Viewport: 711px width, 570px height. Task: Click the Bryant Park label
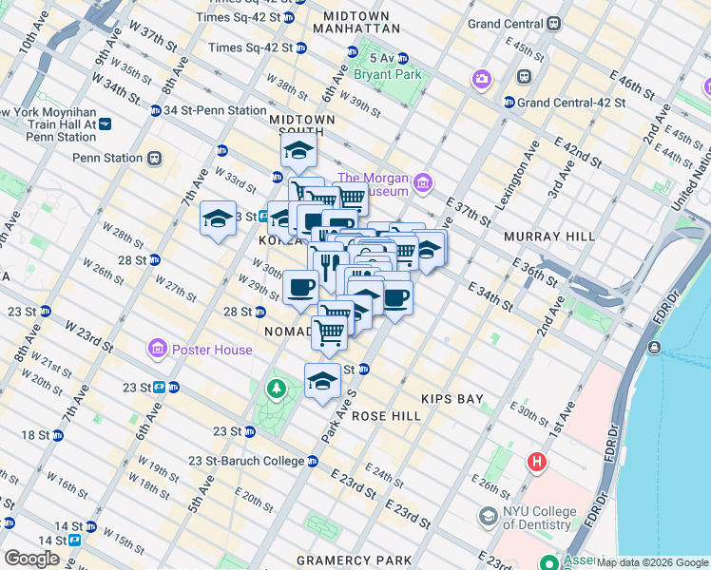click(386, 73)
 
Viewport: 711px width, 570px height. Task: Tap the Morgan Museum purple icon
click(423, 180)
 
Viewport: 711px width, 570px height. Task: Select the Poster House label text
click(212, 350)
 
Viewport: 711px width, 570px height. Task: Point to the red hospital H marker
click(538, 463)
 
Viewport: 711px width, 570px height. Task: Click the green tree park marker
click(277, 388)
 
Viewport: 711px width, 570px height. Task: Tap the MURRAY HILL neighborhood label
click(549, 236)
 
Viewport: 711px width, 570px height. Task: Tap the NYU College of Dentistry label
click(540, 518)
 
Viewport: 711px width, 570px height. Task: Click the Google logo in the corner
click(31, 558)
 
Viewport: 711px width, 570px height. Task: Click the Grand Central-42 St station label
click(570, 102)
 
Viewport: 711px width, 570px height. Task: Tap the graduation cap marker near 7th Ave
click(218, 220)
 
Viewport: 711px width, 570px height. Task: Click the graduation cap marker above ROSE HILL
click(322, 380)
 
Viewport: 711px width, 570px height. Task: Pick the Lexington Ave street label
click(517, 176)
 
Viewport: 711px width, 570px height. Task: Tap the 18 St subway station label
click(35, 435)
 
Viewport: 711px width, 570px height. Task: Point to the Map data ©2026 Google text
click(652, 563)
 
